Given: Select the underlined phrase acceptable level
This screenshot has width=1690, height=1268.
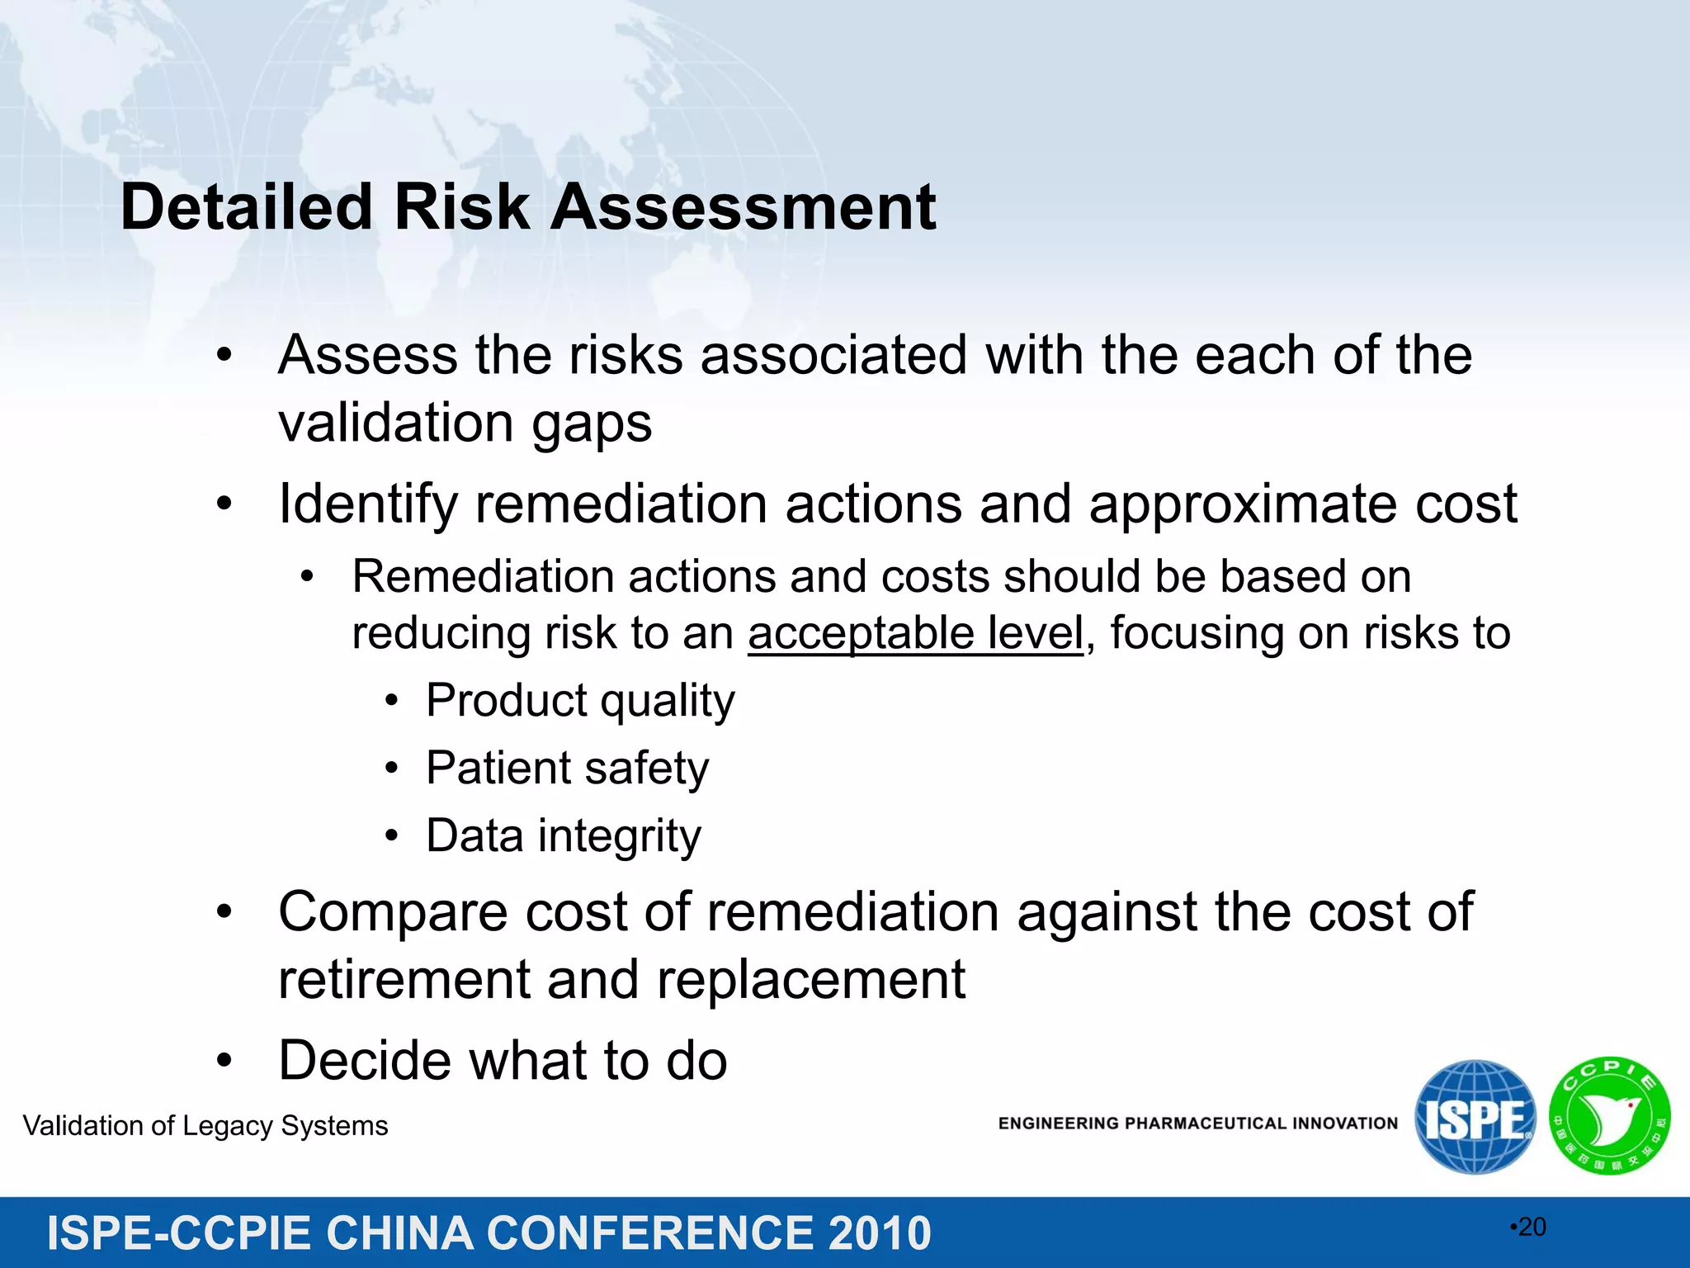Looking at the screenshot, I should [915, 634].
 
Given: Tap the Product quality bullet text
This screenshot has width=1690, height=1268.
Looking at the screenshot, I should [580, 701].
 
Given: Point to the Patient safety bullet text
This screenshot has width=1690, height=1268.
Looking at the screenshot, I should [567, 769].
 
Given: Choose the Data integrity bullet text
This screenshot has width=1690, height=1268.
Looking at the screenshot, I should [564, 836].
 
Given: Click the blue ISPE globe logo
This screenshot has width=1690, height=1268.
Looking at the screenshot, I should [1475, 1117].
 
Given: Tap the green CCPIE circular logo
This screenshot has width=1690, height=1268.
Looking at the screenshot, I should [1609, 1116].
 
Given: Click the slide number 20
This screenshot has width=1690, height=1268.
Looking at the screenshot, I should [1532, 1227].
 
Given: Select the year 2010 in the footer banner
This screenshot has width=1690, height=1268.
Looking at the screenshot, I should [880, 1233].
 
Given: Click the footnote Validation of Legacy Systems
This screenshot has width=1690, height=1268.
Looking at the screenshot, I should [205, 1126].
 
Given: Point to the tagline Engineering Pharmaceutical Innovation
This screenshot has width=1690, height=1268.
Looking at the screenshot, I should [1198, 1124].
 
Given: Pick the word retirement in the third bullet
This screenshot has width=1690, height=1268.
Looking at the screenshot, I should [404, 980].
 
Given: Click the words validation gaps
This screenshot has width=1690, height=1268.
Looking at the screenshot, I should [465, 423].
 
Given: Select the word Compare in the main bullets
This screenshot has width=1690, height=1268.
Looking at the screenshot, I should [393, 912].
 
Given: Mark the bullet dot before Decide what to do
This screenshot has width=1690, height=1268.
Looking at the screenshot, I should [224, 1061].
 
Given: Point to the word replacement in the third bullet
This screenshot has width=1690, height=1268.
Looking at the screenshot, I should [811, 980].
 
